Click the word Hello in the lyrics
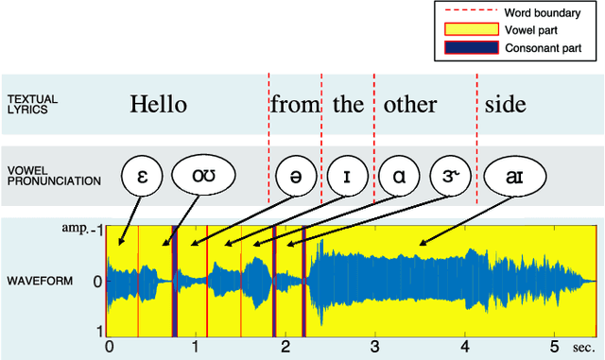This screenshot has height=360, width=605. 158,104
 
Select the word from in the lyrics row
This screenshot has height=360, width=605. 295,104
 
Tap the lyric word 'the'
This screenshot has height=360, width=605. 348,104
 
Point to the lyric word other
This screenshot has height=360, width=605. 409,104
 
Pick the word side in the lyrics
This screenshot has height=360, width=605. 505,104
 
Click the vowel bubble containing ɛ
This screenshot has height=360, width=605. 143,176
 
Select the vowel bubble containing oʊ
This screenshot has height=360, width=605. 201,176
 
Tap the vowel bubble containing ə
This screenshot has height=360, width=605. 296,176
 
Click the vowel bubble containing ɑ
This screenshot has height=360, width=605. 399,176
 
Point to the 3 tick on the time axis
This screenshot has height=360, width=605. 374,346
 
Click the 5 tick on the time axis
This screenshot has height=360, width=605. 554,346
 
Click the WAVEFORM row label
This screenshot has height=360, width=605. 40,282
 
